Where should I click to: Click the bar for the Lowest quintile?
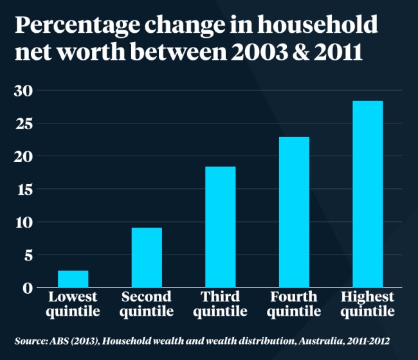[x=73, y=279]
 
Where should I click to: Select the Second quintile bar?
[x=147, y=258]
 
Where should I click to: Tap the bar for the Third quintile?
[x=220, y=227]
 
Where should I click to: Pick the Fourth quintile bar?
[x=294, y=212]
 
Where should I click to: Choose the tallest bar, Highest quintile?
[x=367, y=194]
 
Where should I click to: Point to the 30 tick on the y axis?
[x=23, y=91]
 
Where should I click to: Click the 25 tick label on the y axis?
[x=23, y=123]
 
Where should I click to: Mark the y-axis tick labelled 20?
[x=23, y=156]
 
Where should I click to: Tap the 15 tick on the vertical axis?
[x=23, y=190]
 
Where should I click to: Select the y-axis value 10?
[x=23, y=222]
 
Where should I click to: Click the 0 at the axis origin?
[x=27, y=287]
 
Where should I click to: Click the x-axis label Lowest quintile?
[x=73, y=304]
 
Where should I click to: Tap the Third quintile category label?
[x=220, y=304]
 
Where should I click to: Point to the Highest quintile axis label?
[x=367, y=304]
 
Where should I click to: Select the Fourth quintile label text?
[x=294, y=304]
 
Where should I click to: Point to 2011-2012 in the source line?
[x=364, y=340]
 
